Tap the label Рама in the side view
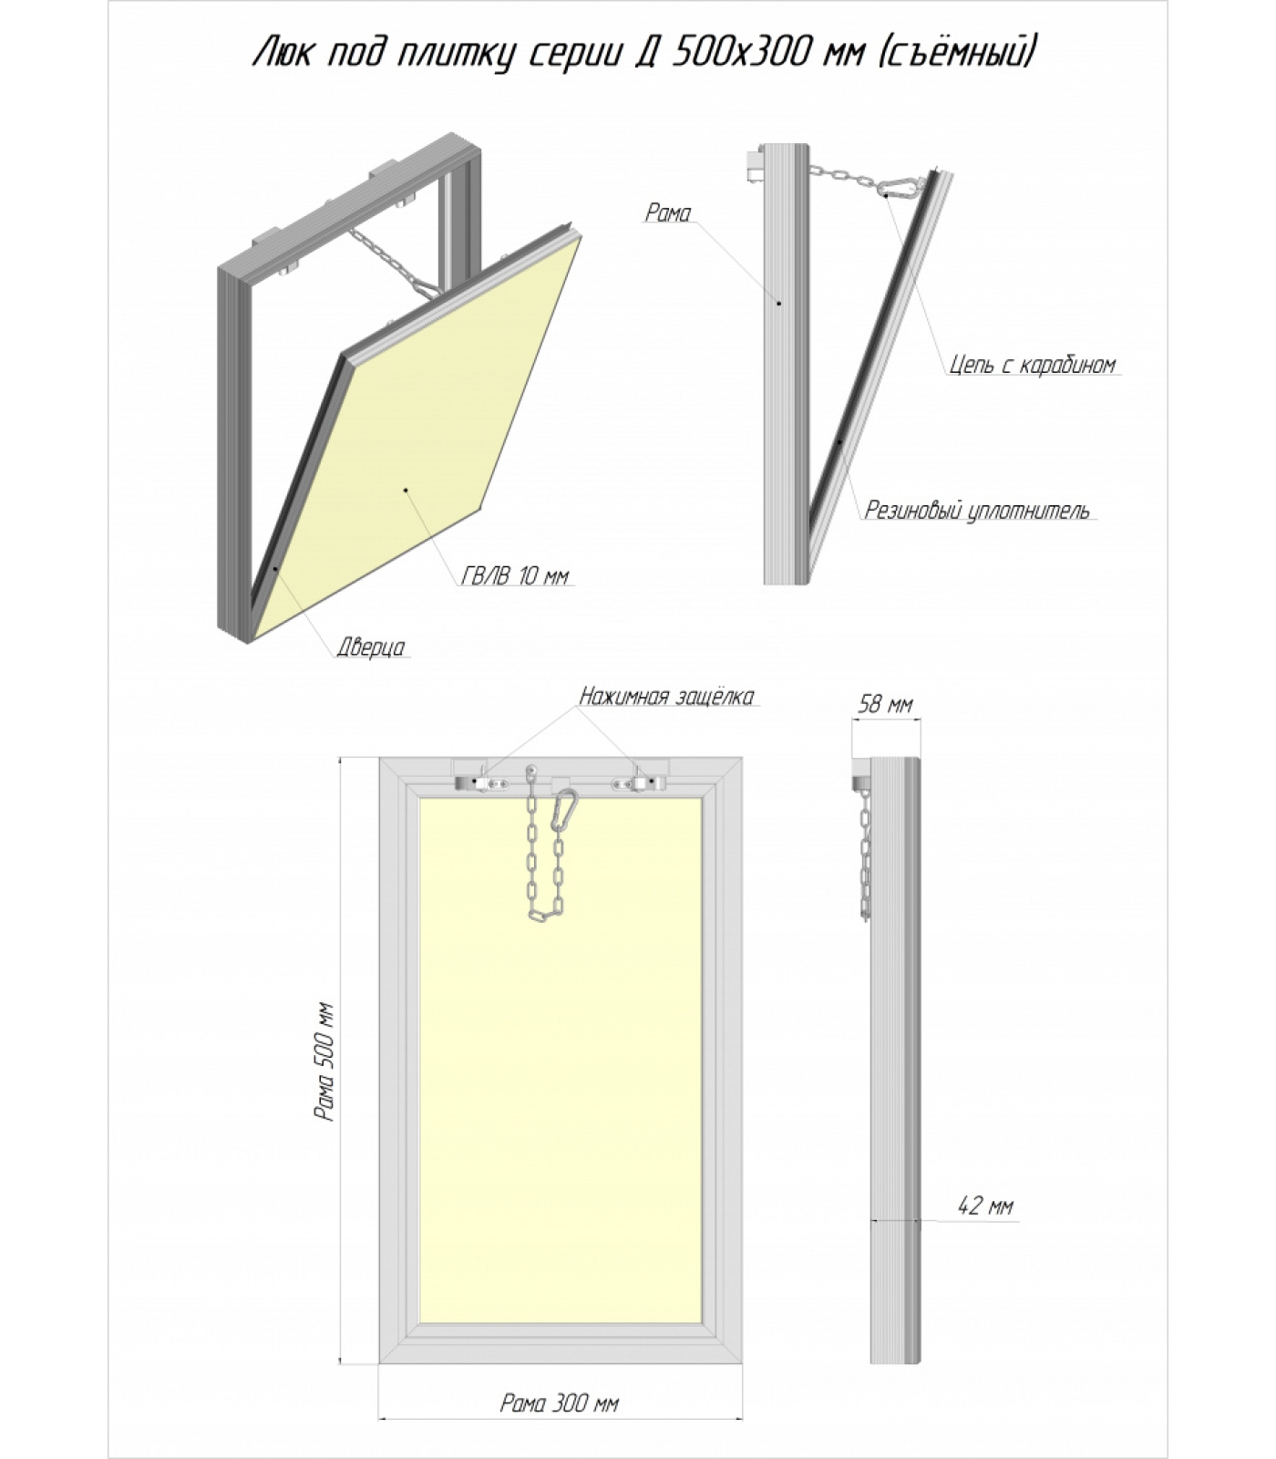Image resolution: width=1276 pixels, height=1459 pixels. (x=668, y=213)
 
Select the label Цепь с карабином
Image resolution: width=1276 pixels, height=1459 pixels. (x=1032, y=365)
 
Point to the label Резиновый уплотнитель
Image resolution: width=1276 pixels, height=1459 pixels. (x=977, y=510)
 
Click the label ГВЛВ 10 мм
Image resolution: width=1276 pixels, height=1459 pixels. (x=515, y=576)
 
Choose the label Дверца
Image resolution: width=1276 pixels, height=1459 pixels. (x=370, y=647)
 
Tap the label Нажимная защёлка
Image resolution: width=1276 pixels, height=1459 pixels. (x=667, y=697)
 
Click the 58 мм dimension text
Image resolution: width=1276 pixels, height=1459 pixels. (x=885, y=704)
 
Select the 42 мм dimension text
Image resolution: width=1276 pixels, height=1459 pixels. (x=985, y=1205)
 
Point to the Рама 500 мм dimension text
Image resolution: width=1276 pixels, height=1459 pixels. (x=324, y=1062)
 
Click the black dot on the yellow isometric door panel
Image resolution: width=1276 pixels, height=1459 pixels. (x=406, y=491)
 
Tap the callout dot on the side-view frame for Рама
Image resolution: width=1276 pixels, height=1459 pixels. (x=779, y=302)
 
